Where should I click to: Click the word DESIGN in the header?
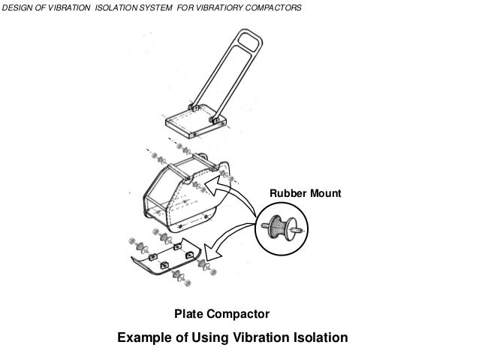pyautogui.click(x=18, y=8)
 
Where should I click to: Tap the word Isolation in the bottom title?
pyautogui.click(x=319, y=337)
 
